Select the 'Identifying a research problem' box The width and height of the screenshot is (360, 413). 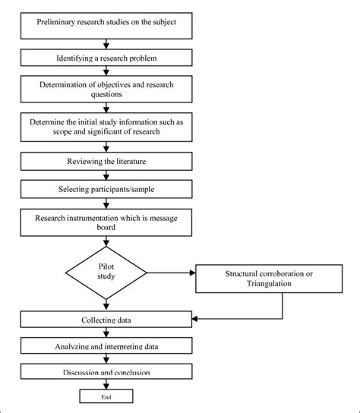click(x=106, y=57)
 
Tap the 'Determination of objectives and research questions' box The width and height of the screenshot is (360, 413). click(x=106, y=90)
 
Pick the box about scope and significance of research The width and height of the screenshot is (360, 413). click(x=106, y=127)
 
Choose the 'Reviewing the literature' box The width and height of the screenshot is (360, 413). click(x=106, y=161)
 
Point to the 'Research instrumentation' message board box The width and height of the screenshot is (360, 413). click(x=106, y=222)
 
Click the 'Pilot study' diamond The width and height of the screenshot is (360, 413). click(x=106, y=273)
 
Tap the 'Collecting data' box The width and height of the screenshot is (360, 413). click(x=106, y=320)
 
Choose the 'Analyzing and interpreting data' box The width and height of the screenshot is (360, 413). click(x=106, y=346)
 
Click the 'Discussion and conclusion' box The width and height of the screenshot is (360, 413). click(x=106, y=371)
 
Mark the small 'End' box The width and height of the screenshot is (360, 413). click(x=106, y=396)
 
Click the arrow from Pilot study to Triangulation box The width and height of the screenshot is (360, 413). click(x=171, y=273)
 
